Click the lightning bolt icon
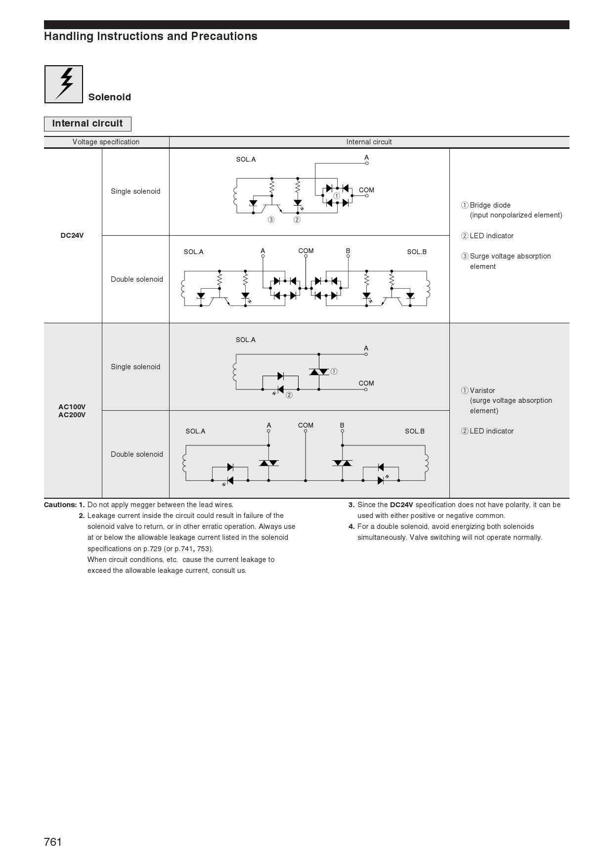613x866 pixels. pos(64,84)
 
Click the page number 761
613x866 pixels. pos(53,842)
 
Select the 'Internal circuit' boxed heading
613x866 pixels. pos(88,124)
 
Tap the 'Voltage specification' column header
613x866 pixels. pos(106,142)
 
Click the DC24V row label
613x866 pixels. pos(72,236)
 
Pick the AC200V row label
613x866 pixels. pos(72,415)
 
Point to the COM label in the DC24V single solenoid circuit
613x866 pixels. pos(366,190)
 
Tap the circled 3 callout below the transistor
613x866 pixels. pos(271,220)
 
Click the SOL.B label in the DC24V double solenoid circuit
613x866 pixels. pos(417,252)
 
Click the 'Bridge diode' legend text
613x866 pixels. pos(490,205)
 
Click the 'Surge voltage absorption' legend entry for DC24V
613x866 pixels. pos(510,257)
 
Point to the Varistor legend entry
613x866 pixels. pos(482,390)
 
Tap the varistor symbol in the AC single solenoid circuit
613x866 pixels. pos(319,372)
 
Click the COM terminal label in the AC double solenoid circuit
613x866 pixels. pos(306,426)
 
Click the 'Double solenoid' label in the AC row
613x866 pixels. pos(136,454)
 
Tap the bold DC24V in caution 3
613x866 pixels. pos(401,505)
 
